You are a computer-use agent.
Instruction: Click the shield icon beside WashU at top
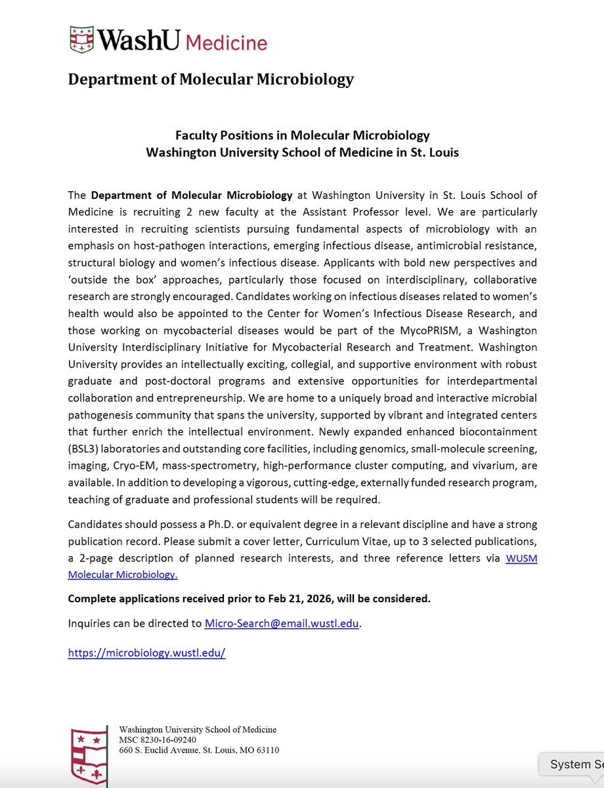tap(82, 39)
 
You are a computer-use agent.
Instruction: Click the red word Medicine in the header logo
tap(226, 41)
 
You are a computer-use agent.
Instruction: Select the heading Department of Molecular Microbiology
tap(211, 79)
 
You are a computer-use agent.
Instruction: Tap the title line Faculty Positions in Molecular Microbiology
tap(302, 135)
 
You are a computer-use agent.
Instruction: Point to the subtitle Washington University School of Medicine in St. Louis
tap(302, 152)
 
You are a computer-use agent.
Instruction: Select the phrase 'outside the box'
tap(106, 280)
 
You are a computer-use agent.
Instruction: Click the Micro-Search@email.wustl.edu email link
tap(282, 623)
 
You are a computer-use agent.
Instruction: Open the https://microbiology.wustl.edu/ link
tap(146, 653)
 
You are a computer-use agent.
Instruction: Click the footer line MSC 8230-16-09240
tap(158, 739)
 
